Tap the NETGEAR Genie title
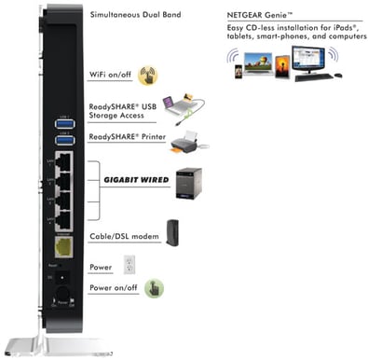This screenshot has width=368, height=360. click(269, 16)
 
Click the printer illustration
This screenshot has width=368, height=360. click(184, 141)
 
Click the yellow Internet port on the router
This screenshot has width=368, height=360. click(65, 249)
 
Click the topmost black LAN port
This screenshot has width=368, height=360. click(65, 164)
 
